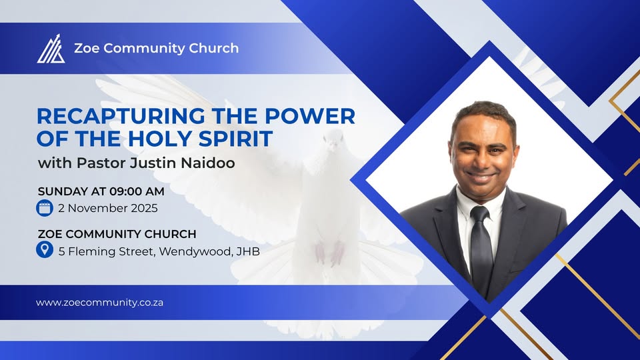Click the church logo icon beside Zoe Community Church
click(51, 49)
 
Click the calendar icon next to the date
click(45, 208)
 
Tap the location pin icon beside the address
click(45, 251)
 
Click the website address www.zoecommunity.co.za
click(99, 302)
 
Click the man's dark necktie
click(481, 247)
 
